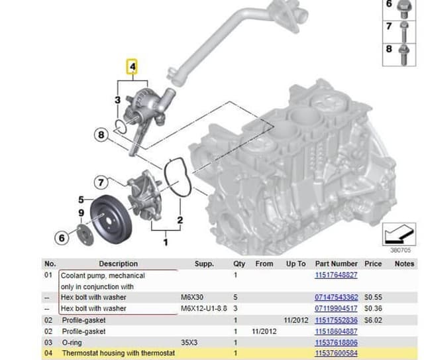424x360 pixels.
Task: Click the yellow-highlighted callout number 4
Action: click(132, 67)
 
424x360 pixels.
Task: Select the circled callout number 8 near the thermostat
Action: click(101, 135)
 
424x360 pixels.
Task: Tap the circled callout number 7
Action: click(101, 182)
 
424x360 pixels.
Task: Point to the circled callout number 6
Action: click(63, 237)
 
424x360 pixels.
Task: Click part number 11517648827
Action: click(335, 274)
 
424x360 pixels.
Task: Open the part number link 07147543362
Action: click(336, 297)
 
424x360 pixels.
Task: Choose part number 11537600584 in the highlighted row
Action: click(336, 353)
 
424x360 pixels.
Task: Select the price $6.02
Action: click(373, 320)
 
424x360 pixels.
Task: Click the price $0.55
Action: click(373, 297)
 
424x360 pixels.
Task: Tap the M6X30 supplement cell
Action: click(192, 297)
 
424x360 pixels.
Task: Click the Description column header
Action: click(118, 263)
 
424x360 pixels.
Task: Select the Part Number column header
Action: click(336, 263)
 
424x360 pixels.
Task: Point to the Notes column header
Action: click(404, 263)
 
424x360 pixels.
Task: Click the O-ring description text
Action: click(74, 342)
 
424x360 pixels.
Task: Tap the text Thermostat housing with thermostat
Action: click(118, 353)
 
